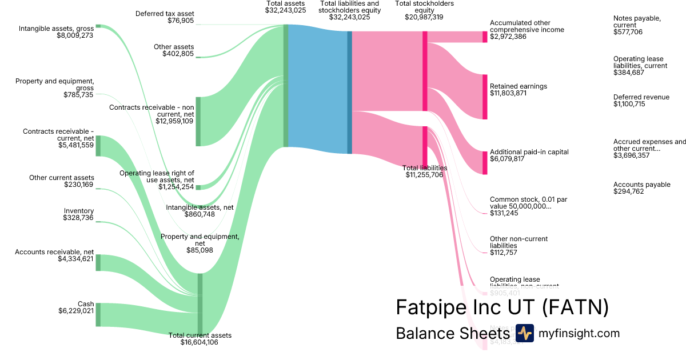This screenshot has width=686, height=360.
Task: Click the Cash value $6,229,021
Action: pos(76,311)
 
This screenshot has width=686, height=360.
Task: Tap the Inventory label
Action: pos(79,211)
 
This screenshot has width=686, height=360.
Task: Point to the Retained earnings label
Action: pos(518,86)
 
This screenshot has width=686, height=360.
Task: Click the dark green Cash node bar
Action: pos(98,314)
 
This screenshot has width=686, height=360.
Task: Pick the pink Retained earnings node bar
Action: pos(485,97)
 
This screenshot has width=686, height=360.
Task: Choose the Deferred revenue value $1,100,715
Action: pos(629,105)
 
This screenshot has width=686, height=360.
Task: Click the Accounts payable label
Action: pos(641,185)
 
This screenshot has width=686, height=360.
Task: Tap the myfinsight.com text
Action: pos(579,333)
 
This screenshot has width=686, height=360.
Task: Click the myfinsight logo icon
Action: pos(524,333)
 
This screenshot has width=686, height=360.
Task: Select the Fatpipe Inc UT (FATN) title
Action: pos(502,307)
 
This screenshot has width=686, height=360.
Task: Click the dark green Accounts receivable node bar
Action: pos(98,263)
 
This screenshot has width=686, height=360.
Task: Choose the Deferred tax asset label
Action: pos(166,13)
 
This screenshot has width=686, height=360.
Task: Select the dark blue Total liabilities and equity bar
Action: pos(349,92)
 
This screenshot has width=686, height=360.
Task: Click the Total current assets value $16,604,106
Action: pos(199,342)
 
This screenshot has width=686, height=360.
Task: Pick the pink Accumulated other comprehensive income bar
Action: pos(485,37)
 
